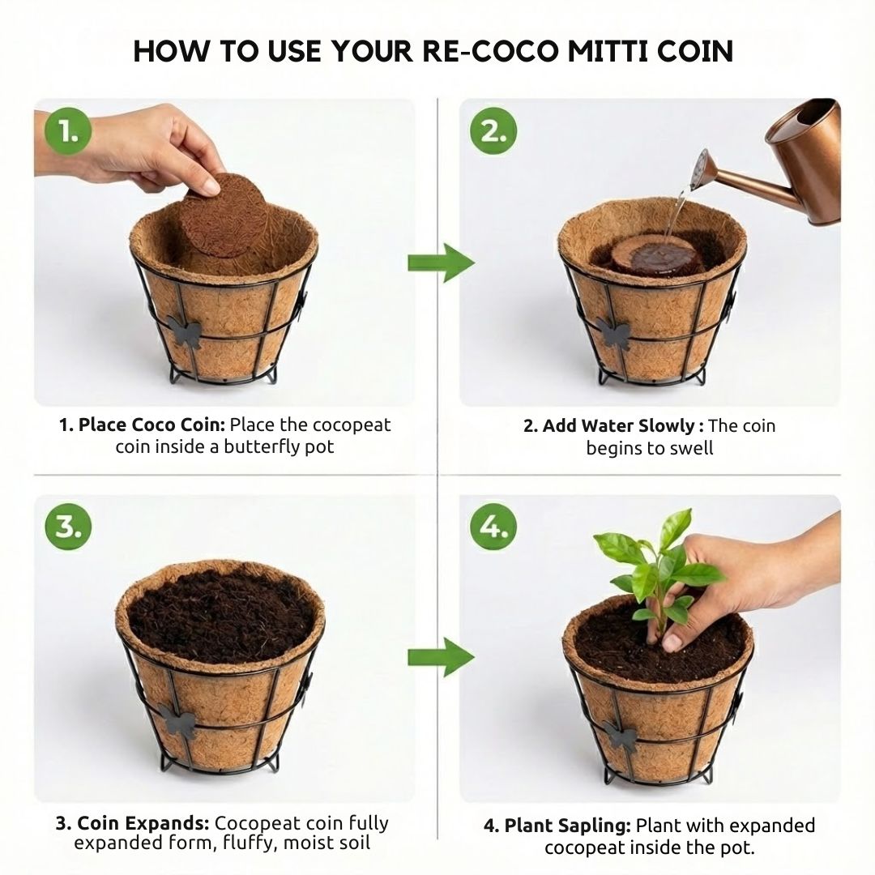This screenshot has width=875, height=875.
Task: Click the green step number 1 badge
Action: point(67,132)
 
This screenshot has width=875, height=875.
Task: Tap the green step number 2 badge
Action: point(493,132)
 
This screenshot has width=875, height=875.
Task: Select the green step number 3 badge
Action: point(68,527)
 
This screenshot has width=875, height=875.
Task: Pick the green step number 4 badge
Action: point(493,527)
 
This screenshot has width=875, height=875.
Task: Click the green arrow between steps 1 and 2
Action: point(441,262)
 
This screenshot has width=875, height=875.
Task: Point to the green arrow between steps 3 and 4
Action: point(441,657)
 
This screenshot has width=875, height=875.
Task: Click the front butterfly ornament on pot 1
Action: point(184,334)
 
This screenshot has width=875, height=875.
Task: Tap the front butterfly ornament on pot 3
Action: point(177,721)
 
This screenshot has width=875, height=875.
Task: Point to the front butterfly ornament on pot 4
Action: point(620,736)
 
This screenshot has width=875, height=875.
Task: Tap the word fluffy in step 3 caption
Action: point(250,842)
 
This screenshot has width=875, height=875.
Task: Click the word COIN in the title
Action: point(695,51)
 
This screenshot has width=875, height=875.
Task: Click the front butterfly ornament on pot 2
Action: point(613,334)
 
